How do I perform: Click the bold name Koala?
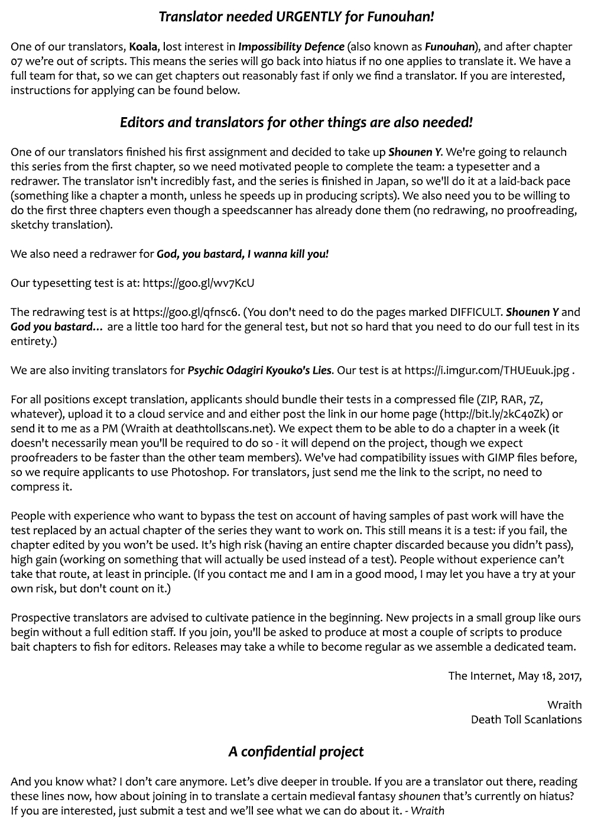143,47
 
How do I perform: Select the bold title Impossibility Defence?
291,47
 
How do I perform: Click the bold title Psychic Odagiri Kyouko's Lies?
259,371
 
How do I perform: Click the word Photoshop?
199,473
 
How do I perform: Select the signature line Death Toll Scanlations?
526,720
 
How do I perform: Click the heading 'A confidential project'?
296,752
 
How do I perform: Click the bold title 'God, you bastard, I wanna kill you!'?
242,254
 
